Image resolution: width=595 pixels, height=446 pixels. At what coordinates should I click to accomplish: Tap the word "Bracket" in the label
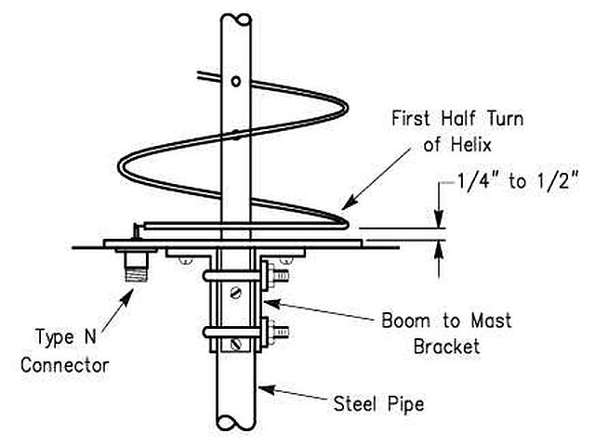point(446,347)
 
